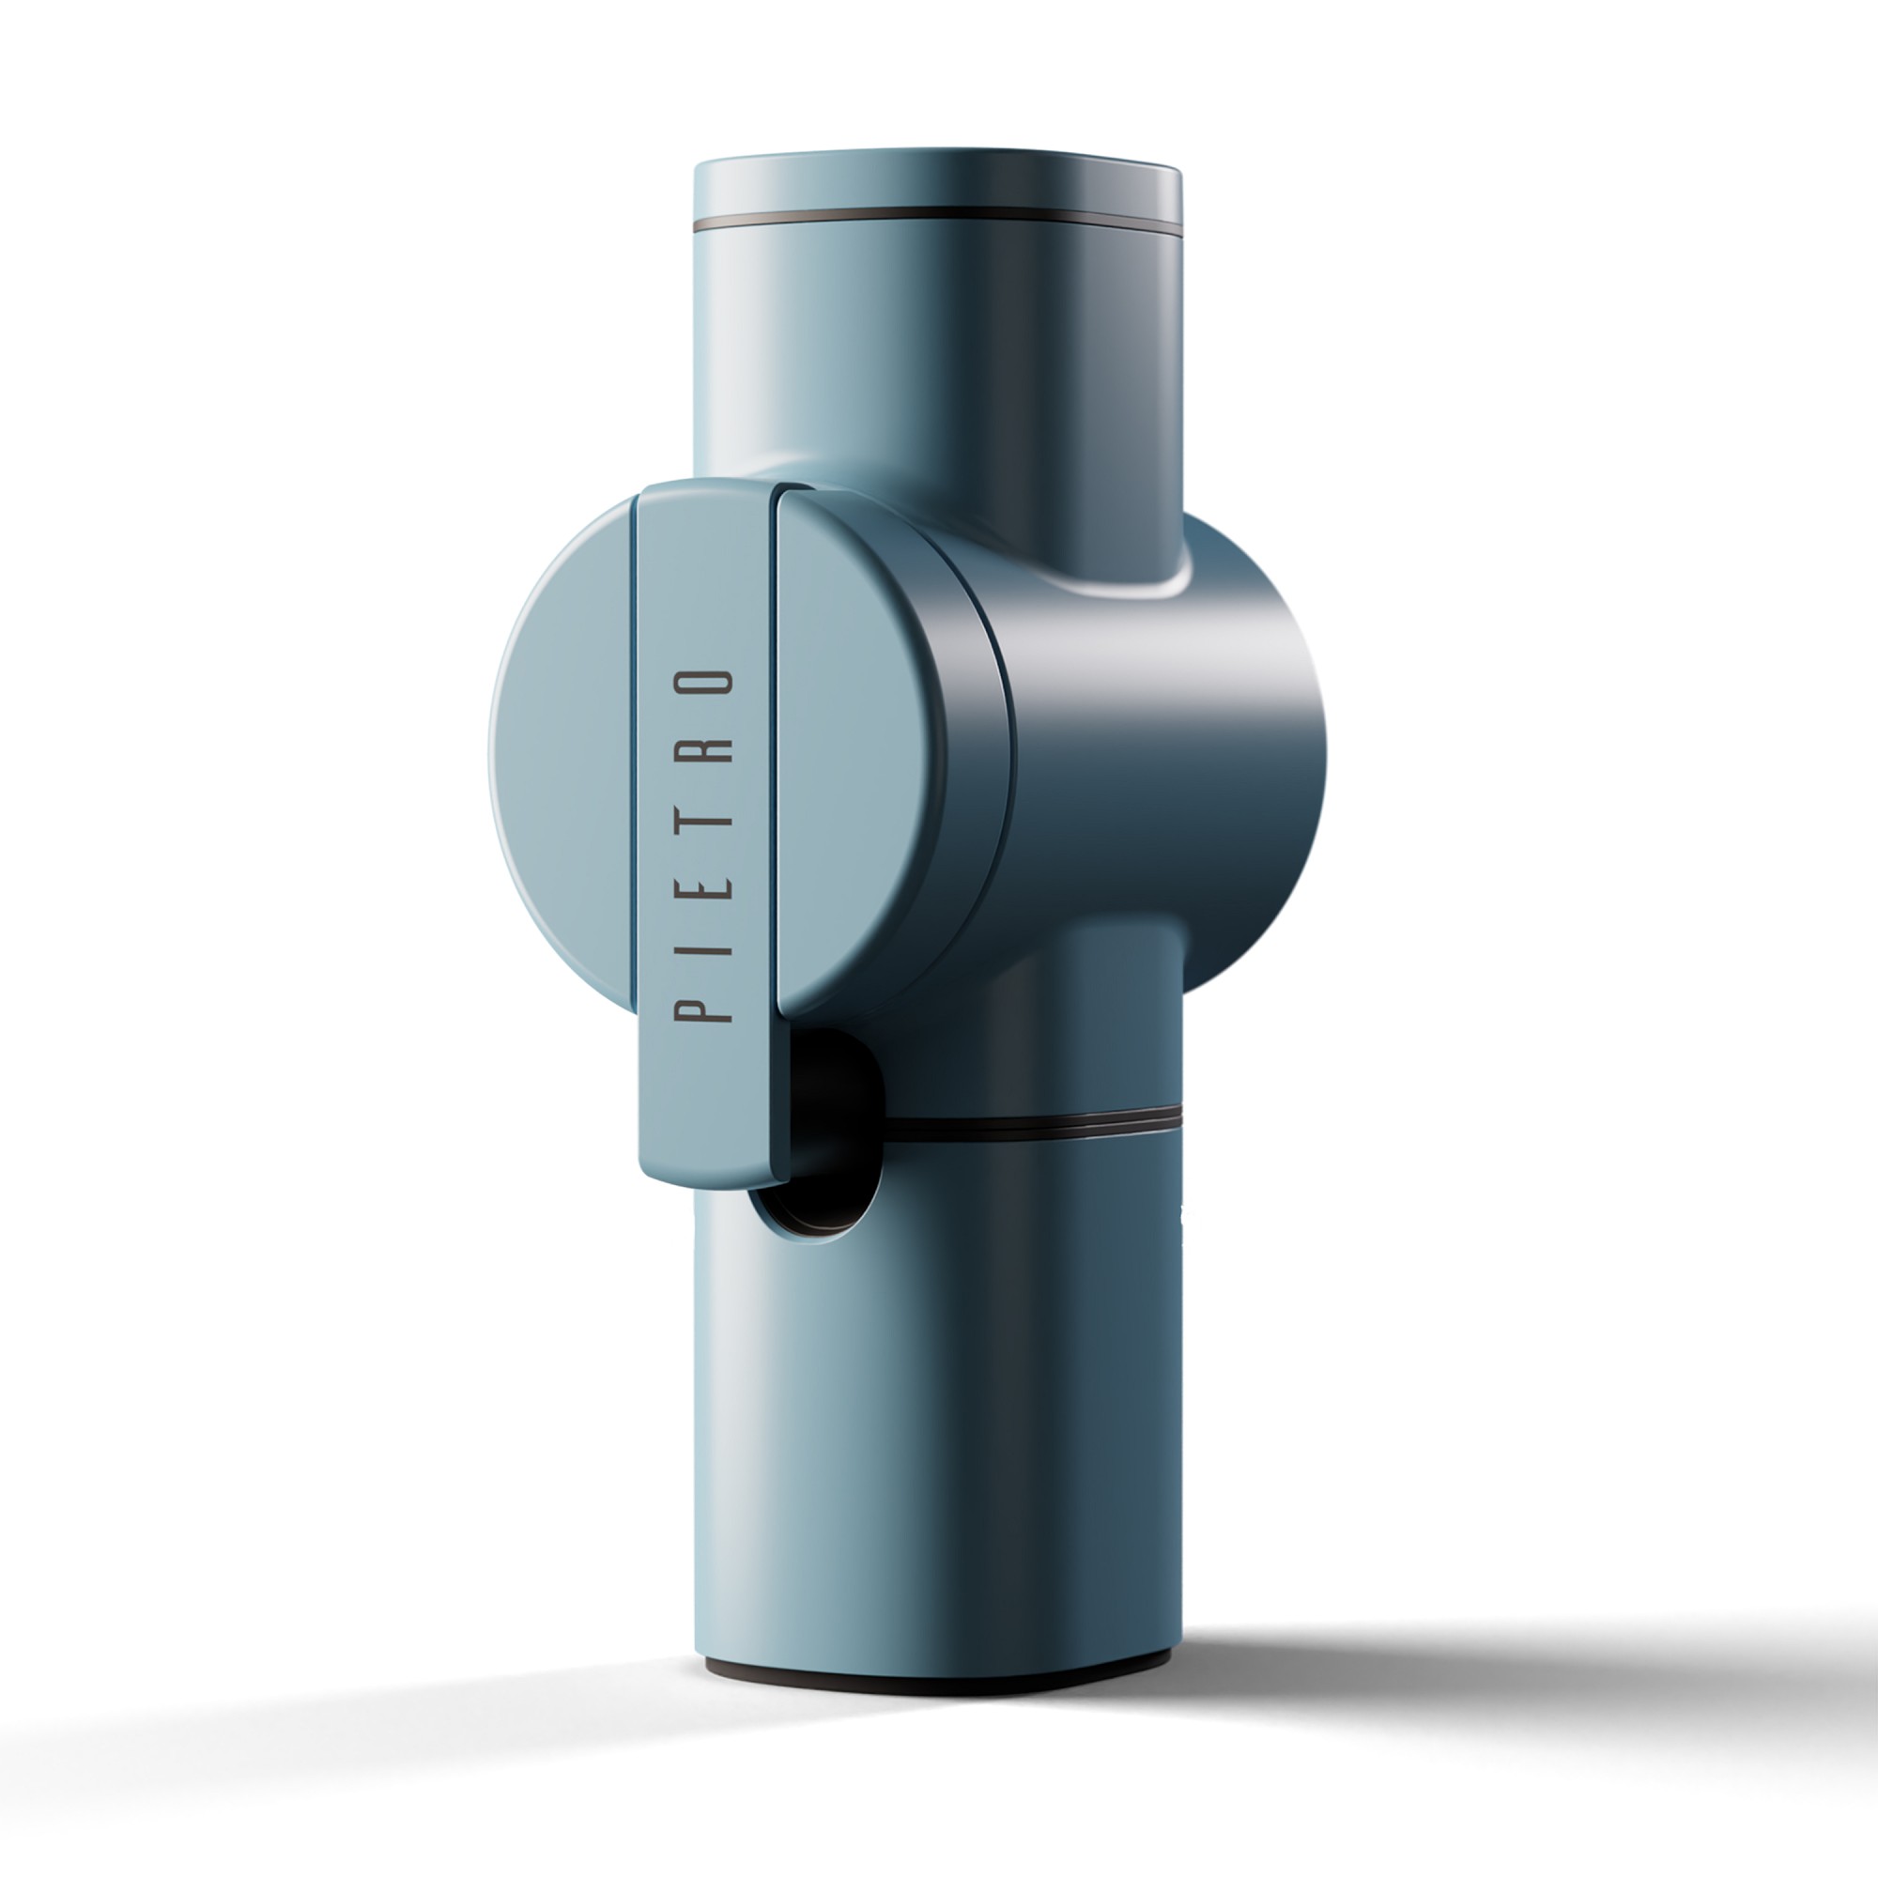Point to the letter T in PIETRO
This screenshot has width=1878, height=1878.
coord(702,820)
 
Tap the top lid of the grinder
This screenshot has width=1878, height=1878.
coord(938,180)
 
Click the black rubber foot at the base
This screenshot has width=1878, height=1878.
coord(933,1682)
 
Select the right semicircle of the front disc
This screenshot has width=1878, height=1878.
coord(855,739)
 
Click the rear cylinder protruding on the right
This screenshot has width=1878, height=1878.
coord(1254,758)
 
